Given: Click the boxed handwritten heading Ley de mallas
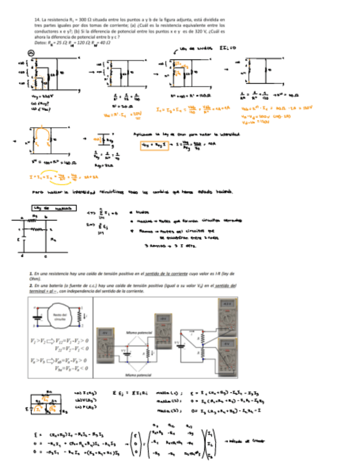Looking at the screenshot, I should [53, 209].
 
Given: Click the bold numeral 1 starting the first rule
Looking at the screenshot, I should [31, 273].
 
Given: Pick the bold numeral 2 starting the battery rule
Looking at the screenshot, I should [31, 286].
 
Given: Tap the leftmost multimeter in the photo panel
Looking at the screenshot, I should [107, 340].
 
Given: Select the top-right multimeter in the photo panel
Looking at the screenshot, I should [226, 316].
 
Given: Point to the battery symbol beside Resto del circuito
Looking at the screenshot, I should [37, 317].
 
